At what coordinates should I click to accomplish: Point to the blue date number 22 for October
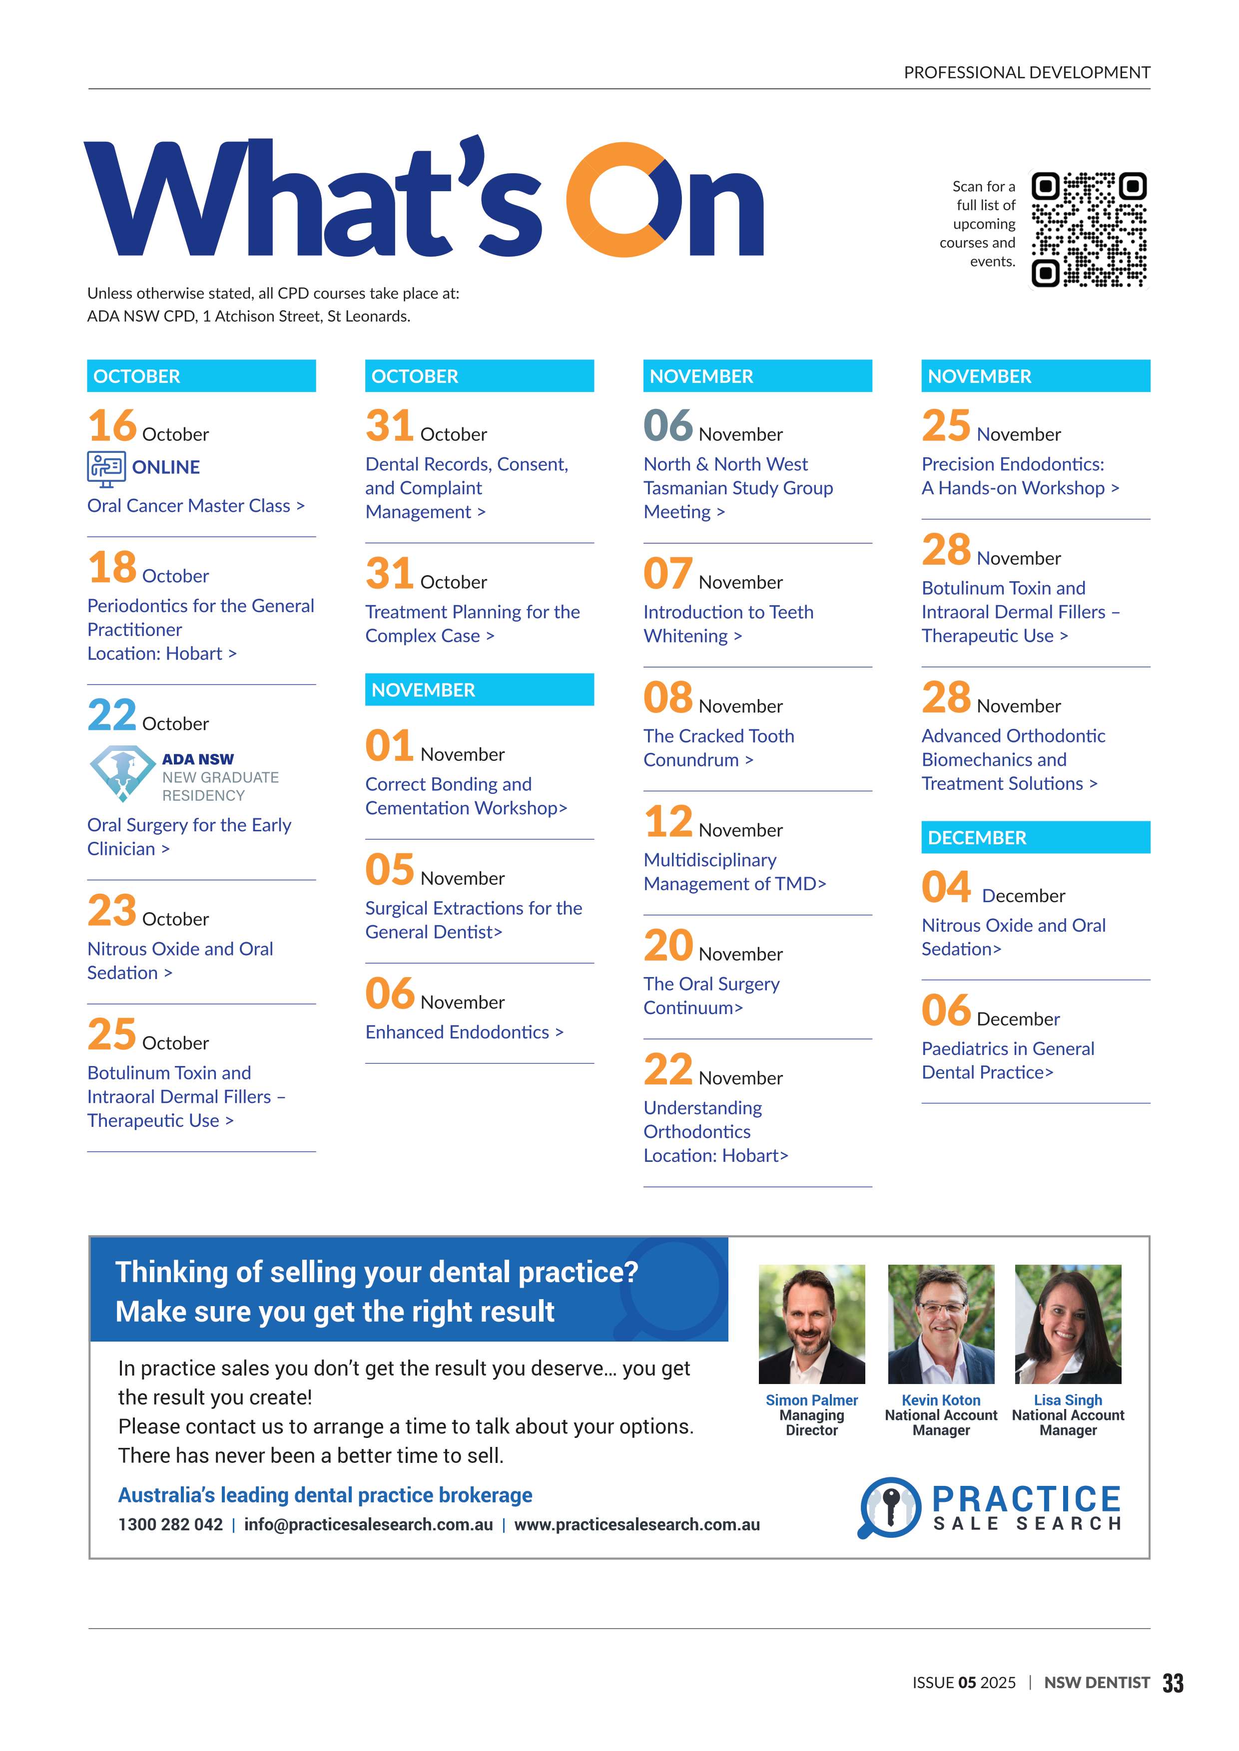[111, 714]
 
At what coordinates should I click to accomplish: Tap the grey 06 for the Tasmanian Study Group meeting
[667, 425]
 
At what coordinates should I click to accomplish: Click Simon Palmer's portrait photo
[812, 1324]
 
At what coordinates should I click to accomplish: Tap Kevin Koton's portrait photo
[941, 1324]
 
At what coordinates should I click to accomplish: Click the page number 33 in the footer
[1173, 1683]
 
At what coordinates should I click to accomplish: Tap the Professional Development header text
[1026, 72]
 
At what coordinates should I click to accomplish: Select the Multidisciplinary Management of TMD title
[734, 872]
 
